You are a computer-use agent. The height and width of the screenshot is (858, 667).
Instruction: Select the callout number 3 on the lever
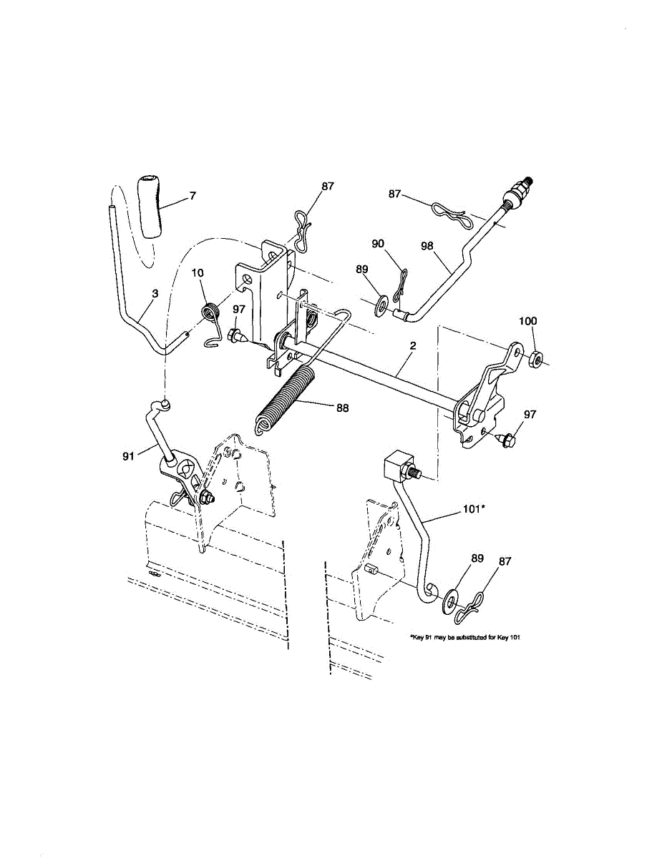[155, 293]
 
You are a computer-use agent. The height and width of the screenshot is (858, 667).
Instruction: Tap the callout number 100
[527, 322]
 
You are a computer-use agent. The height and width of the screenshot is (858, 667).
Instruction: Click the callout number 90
[378, 245]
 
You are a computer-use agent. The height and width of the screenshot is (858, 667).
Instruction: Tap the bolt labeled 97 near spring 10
[235, 335]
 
